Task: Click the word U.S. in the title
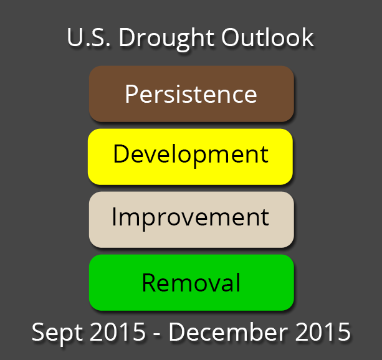click(x=88, y=37)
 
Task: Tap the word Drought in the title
click(x=166, y=39)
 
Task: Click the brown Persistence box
click(x=191, y=94)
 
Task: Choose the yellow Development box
click(x=190, y=156)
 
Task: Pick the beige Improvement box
click(x=191, y=220)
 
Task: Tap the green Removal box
click(x=191, y=283)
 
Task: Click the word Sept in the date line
click(x=58, y=333)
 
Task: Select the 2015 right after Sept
click(x=118, y=331)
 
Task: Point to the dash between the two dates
click(x=157, y=334)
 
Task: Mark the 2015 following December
click(x=323, y=331)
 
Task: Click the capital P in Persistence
click(x=131, y=94)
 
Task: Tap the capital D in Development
click(x=122, y=153)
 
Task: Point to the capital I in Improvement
click(x=114, y=217)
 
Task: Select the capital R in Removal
click(x=149, y=282)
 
